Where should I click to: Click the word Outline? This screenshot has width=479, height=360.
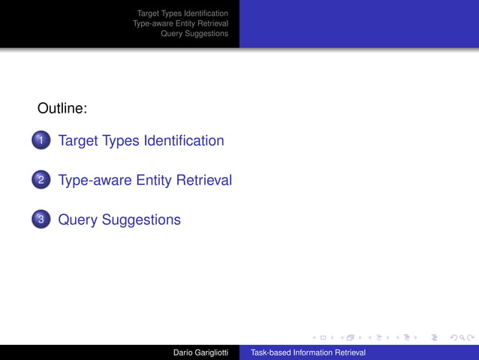62,109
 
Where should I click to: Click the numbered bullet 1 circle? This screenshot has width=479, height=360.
41,141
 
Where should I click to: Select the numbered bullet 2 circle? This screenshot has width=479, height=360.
41,180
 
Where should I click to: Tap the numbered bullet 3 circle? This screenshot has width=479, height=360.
41,220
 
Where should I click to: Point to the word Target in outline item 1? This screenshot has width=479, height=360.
77,141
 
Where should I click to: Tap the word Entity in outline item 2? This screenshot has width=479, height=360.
154,180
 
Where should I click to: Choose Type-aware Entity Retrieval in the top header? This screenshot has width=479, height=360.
180,23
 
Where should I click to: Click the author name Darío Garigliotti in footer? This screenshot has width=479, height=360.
200,352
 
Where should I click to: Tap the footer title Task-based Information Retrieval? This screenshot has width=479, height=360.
308,352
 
